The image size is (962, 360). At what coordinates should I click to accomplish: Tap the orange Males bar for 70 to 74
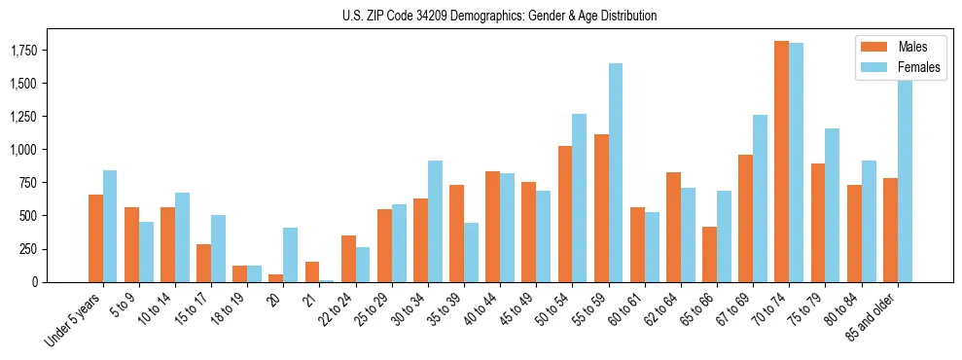[x=781, y=162]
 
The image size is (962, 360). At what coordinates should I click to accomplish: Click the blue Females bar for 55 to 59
[x=616, y=172]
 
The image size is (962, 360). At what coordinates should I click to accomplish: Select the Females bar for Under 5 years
[x=110, y=226]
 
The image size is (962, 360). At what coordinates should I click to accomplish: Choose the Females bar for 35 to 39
[x=471, y=252]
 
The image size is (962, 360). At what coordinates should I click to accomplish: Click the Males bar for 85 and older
[x=890, y=230]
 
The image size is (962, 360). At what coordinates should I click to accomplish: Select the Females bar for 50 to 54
[x=580, y=198]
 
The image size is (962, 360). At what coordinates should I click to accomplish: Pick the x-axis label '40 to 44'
[x=483, y=309]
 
